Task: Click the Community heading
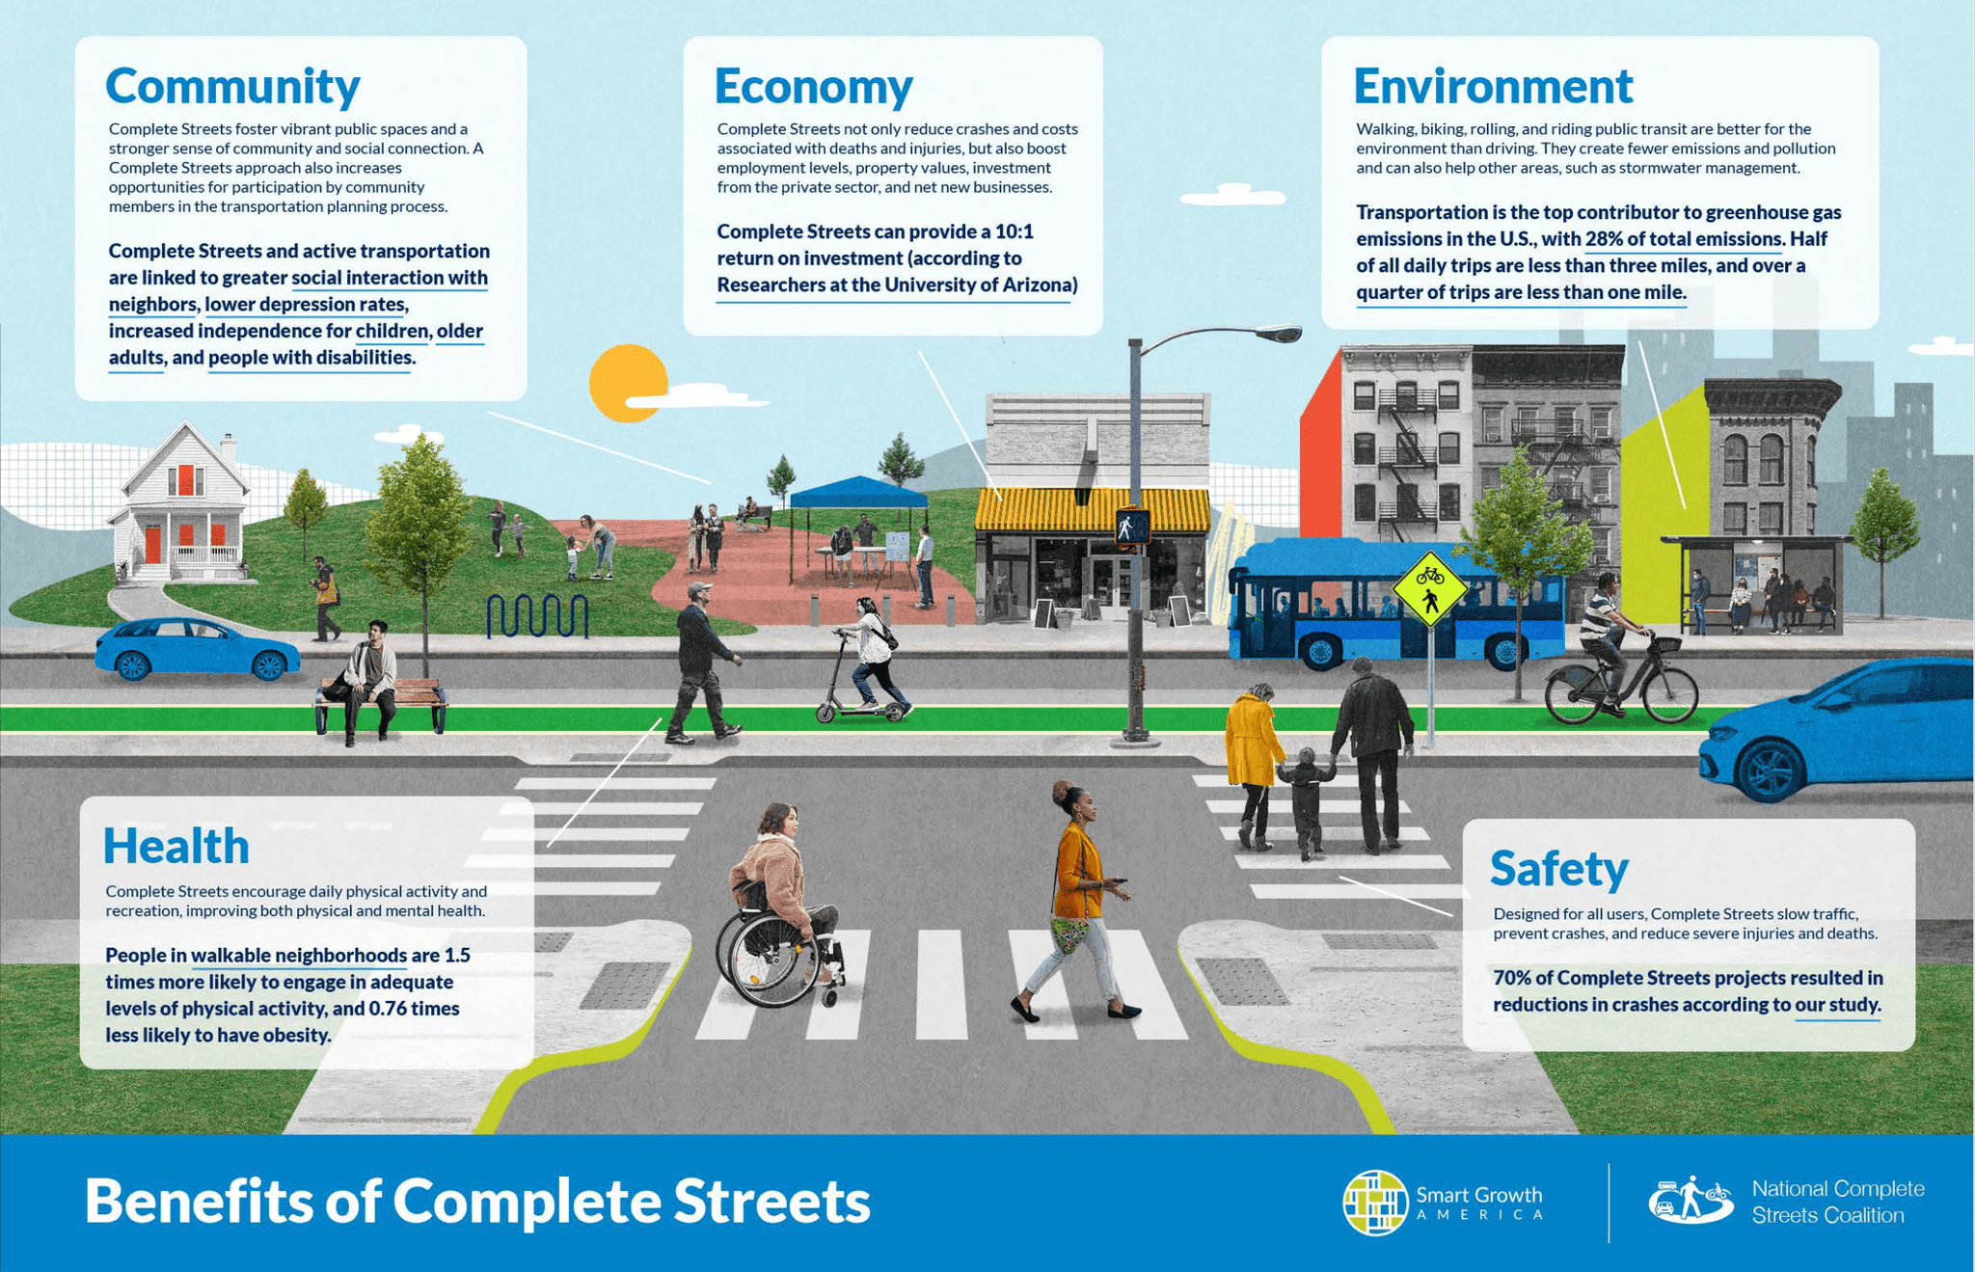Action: point(232,87)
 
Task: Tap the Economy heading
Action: point(813,87)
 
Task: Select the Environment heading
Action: point(1493,87)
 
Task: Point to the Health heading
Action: point(176,847)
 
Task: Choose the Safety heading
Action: point(1558,869)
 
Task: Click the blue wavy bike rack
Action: point(537,616)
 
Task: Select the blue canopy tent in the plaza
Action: point(856,494)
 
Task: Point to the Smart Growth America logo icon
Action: point(1375,1203)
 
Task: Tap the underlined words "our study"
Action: point(1836,1005)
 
